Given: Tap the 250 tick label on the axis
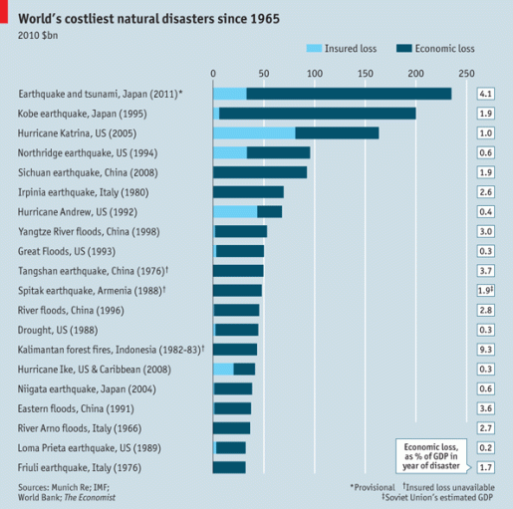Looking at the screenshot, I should (466, 73).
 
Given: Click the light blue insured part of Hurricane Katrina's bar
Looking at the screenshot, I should (254, 132).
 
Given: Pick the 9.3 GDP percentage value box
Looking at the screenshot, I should (486, 350).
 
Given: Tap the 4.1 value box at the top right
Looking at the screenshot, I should (486, 94).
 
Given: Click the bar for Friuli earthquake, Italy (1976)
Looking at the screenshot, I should (230, 467).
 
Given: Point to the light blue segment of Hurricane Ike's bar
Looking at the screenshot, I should (223, 369).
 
